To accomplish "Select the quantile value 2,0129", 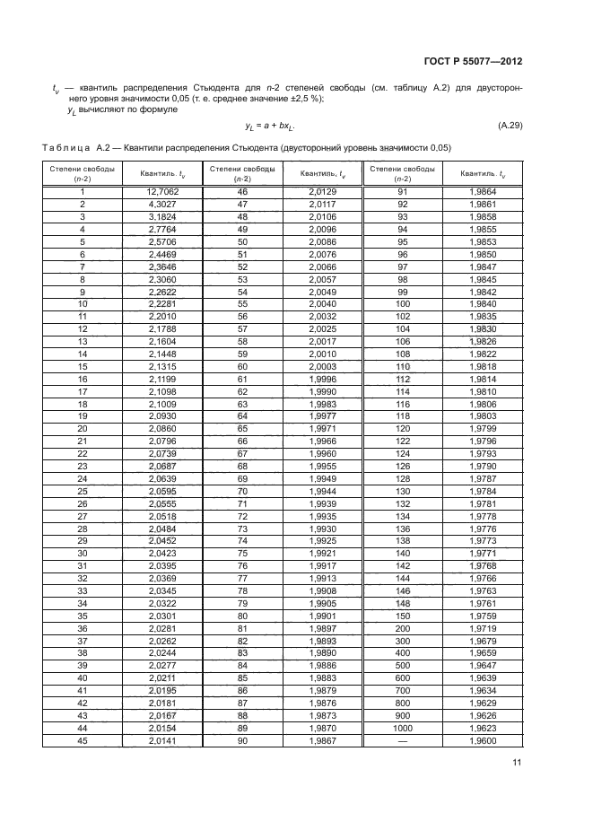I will [x=321, y=191].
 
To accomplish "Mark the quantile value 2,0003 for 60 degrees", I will [x=321, y=366].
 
